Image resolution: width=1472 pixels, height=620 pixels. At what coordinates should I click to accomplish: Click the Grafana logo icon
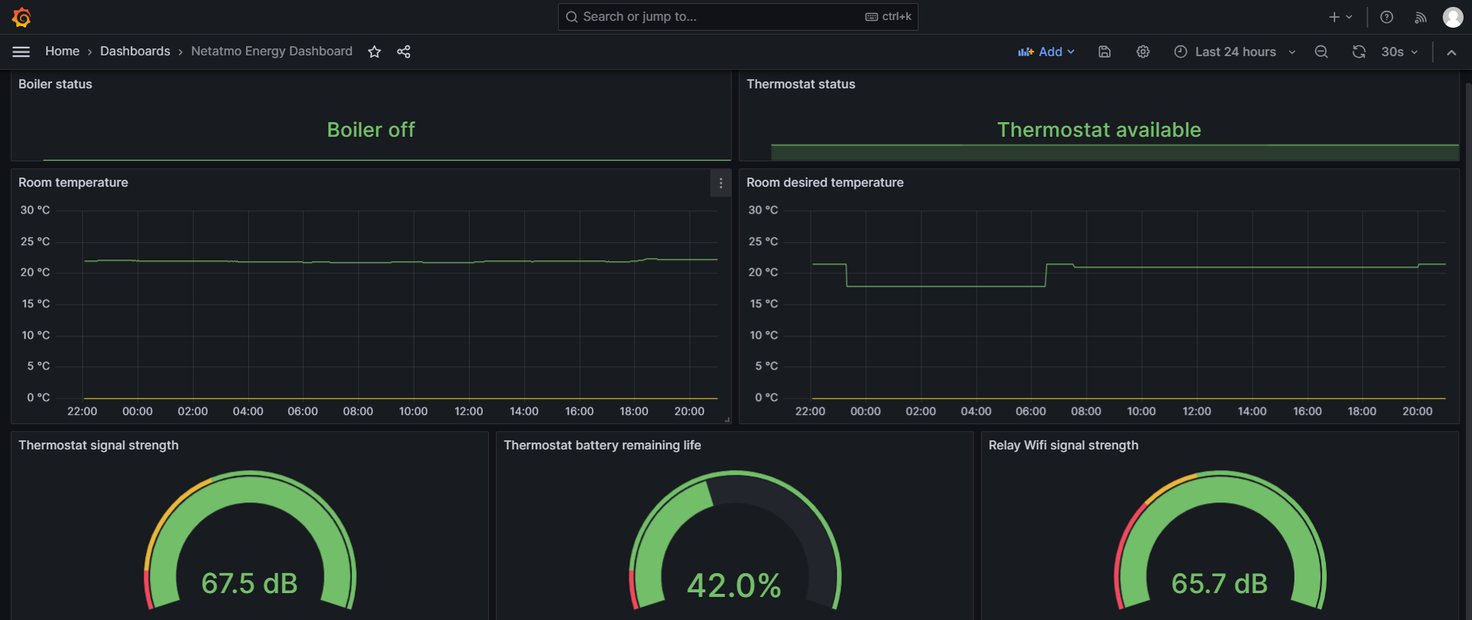[22, 17]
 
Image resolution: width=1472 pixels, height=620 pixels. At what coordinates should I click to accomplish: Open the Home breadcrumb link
[62, 51]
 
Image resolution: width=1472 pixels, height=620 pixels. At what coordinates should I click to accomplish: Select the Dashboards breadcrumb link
[135, 51]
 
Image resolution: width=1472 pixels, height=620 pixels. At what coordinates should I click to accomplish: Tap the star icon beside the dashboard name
[374, 51]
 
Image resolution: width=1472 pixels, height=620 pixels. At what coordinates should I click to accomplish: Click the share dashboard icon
[404, 51]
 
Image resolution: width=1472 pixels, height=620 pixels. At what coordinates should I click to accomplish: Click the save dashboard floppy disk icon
[1105, 51]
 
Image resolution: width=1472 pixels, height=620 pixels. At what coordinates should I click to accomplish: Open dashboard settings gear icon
[1143, 51]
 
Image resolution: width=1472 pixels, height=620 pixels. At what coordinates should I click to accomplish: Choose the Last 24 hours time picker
[1234, 51]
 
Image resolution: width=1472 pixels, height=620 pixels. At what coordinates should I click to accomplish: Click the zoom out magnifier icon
[1321, 51]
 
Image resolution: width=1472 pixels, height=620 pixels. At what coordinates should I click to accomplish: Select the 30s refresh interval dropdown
[1399, 51]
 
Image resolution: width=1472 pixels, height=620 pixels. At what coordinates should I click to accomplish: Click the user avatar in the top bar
[1452, 17]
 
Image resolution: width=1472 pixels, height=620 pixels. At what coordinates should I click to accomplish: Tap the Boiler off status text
[370, 130]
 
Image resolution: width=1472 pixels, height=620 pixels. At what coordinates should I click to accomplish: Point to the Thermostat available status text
[1098, 130]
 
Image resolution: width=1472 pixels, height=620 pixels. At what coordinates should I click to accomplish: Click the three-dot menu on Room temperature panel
[720, 183]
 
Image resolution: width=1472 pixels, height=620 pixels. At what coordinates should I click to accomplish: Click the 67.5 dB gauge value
[249, 583]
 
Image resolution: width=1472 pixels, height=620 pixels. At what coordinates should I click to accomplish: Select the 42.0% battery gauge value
[734, 585]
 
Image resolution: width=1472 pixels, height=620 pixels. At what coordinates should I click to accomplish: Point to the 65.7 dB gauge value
[1219, 583]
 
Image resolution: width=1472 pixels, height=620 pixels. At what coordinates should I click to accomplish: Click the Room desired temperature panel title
[825, 183]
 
